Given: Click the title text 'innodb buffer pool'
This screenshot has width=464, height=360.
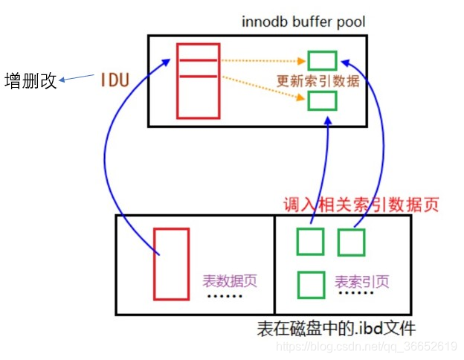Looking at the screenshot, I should (x=303, y=21).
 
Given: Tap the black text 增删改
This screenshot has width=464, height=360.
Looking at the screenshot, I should (x=30, y=80).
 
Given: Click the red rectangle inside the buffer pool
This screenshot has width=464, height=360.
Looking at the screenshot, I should (x=199, y=80).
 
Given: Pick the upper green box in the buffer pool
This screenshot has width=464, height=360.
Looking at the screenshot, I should (x=322, y=60).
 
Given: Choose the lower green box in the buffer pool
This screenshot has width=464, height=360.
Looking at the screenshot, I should (x=322, y=100).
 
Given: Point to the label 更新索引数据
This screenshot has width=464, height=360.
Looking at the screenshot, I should (x=318, y=80).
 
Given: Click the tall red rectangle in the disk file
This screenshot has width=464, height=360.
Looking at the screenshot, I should (x=171, y=263).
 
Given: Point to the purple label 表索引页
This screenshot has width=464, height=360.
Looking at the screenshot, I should (x=362, y=282).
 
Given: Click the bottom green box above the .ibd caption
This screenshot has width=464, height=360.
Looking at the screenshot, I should (x=311, y=284).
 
